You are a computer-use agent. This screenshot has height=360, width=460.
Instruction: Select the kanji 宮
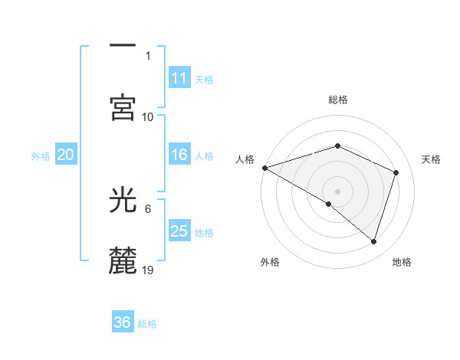(x=123, y=108)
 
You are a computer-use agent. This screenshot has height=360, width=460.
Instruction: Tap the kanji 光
(x=123, y=201)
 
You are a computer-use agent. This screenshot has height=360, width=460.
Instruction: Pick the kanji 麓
(x=123, y=260)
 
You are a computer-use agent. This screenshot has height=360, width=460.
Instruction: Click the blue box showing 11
(x=179, y=78)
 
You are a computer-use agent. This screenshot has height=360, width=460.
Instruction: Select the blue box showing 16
(x=179, y=155)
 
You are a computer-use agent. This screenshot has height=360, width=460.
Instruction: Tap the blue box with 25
(x=179, y=231)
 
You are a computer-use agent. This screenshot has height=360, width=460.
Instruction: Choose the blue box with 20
(x=66, y=155)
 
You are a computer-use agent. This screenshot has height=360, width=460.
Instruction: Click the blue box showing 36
(x=123, y=322)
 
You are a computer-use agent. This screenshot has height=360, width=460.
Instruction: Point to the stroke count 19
(x=149, y=270)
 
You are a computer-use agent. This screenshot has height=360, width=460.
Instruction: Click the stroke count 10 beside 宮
(x=148, y=116)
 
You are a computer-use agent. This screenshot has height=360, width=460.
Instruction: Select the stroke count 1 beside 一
(x=148, y=56)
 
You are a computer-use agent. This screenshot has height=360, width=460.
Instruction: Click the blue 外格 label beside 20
(x=41, y=155)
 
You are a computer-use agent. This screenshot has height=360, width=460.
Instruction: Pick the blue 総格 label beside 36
(x=147, y=323)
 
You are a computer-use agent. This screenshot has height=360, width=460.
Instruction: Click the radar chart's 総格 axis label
(x=338, y=100)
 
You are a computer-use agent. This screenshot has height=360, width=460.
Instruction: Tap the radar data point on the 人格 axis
(x=264, y=168)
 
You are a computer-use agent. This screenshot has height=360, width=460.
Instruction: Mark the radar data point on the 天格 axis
(x=396, y=172)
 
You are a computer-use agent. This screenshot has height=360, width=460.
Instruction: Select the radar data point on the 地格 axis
(x=373, y=241)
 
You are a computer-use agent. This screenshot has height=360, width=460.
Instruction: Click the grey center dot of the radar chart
(x=338, y=191)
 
